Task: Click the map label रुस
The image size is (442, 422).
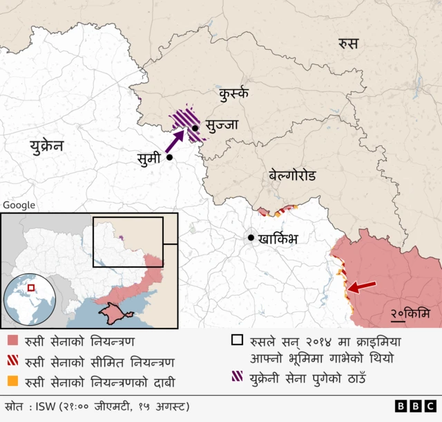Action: [x=348, y=44]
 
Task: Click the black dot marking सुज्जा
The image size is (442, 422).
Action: [x=195, y=128]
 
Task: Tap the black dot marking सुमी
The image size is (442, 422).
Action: [x=169, y=158]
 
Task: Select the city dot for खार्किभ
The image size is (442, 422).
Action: [x=251, y=238]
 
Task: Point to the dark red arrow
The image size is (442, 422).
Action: [x=362, y=286]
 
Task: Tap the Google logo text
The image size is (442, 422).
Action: [x=19, y=205]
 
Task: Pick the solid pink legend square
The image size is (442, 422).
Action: [x=13, y=341]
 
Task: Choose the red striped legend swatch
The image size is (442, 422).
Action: [x=13, y=362]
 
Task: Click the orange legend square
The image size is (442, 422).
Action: [x=13, y=382]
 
